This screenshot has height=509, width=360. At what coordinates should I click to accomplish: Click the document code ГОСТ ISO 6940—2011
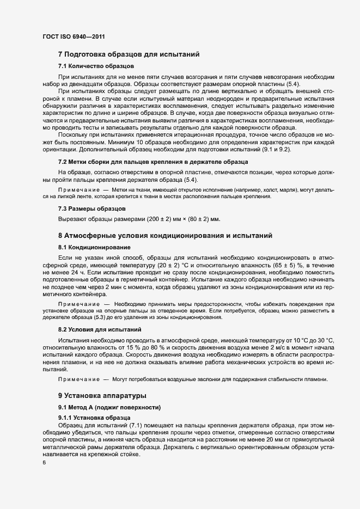click(x=74, y=36)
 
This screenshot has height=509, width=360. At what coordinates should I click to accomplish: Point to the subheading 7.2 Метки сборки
click(x=153, y=162)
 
